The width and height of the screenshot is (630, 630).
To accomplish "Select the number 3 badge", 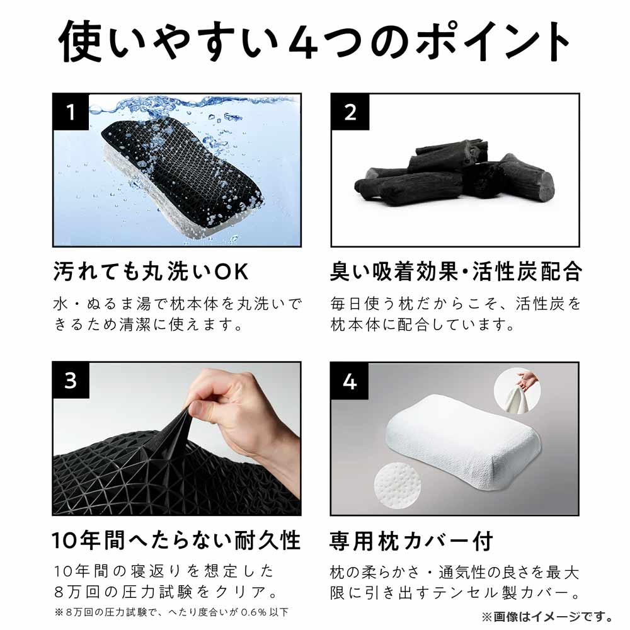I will click(x=71, y=381).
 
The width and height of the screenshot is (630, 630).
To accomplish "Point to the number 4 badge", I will click(x=350, y=381).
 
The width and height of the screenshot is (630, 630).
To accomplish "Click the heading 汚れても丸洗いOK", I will click(x=151, y=272).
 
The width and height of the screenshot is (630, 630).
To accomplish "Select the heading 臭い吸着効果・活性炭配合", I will click(x=455, y=272).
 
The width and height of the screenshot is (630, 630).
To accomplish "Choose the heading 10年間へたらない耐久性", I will click(x=176, y=541).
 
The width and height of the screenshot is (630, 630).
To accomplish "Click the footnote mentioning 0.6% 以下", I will click(x=171, y=612).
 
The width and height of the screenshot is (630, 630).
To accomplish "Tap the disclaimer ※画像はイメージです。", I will click(x=547, y=616).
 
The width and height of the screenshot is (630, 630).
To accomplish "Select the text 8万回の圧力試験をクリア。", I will click(x=166, y=592).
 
